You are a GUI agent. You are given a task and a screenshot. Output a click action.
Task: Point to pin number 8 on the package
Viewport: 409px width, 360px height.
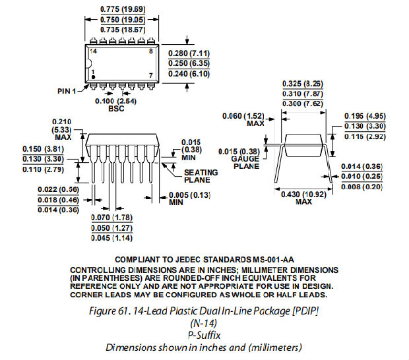[x=151, y=51]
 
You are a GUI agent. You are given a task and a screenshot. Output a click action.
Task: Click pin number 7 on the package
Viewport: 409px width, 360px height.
[x=151, y=75]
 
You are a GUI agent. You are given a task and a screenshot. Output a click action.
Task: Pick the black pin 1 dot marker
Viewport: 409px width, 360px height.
[x=93, y=77]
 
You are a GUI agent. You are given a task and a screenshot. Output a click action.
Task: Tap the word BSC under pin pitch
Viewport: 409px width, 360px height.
[x=116, y=108]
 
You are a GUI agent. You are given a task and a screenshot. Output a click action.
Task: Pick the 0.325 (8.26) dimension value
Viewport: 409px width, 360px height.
[x=303, y=84]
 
